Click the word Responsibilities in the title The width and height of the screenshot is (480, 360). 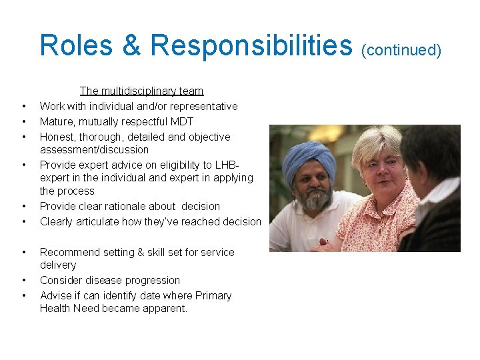tap(251, 45)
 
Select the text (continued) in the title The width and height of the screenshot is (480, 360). tap(400, 50)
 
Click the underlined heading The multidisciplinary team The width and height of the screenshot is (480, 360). tap(141, 91)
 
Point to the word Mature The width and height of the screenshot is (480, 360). tap(57, 121)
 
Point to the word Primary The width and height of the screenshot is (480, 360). tap(213, 295)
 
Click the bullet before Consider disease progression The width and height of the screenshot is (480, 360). tap(23, 280)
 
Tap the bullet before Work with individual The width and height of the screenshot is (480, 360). tap(23, 106)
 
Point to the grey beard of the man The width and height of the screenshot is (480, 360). tap(315, 198)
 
